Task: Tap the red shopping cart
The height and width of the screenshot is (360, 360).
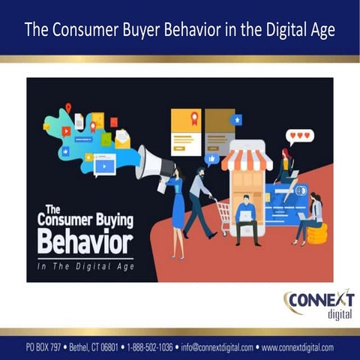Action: (221, 216)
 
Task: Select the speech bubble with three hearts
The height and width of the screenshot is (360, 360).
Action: (299, 136)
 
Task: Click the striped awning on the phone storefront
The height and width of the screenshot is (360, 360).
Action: (247, 159)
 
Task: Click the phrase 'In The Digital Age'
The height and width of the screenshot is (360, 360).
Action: (85, 266)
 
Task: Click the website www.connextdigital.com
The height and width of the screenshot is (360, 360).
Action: (297, 347)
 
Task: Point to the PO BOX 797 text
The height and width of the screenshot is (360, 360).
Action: (43, 347)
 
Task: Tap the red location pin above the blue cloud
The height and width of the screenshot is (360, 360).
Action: (68, 107)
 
